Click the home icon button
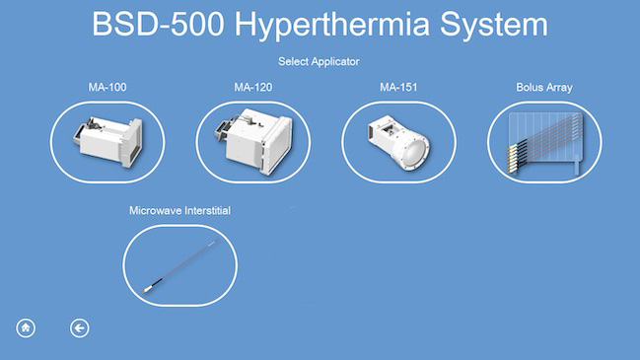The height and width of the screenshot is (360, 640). click(26, 328)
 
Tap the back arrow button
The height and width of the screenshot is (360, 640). click(80, 328)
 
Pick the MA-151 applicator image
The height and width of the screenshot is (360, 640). click(399, 142)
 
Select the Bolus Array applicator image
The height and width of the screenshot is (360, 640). click(544, 142)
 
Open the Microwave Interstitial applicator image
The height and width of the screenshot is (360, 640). click(180, 265)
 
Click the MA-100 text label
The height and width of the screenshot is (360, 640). click(107, 88)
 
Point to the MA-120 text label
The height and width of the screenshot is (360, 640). click(253, 88)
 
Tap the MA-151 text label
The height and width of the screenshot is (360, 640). click(399, 88)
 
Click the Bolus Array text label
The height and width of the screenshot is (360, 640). click(544, 88)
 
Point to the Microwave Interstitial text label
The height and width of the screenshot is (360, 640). click(180, 210)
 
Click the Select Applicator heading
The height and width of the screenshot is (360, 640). click(319, 62)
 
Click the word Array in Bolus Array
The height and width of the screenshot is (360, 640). click(559, 88)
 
